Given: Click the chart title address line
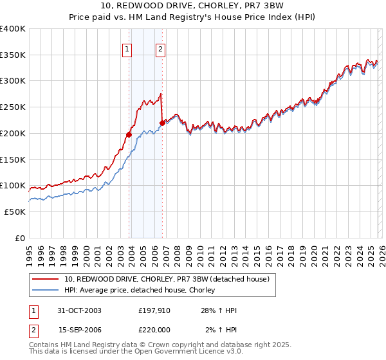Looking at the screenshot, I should tap(193, 6).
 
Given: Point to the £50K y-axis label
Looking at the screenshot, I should tap(15, 212).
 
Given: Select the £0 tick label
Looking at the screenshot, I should tap(20, 238).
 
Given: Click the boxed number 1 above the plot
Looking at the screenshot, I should tap(127, 49).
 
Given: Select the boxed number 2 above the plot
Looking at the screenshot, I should tap(160, 49).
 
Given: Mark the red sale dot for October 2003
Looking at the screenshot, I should tap(129, 135).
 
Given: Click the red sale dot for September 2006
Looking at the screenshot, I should tap(161, 123).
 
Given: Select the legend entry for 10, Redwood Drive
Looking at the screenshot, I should tap(170, 279).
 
